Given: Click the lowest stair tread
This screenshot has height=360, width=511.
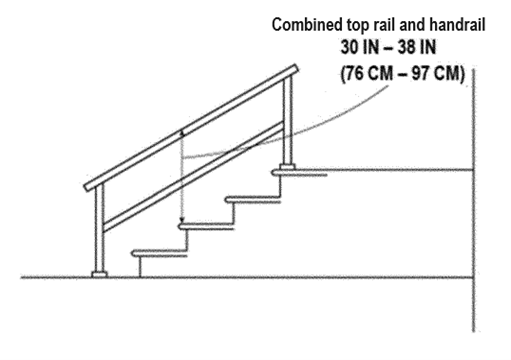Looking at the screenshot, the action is click(x=160, y=255).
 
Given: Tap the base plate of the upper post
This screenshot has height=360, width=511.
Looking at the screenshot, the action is click(x=288, y=168).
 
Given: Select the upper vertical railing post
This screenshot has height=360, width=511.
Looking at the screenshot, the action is click(x=288, y=120).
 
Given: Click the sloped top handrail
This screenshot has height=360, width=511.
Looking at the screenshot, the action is click(x=190, y=127).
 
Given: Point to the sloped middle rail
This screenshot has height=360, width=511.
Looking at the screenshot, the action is click(x=190, y=175).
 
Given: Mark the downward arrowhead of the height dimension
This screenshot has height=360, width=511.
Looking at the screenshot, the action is click(x=182, y=221).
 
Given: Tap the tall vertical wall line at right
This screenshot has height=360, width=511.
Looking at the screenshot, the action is click(x=471, y=200).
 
